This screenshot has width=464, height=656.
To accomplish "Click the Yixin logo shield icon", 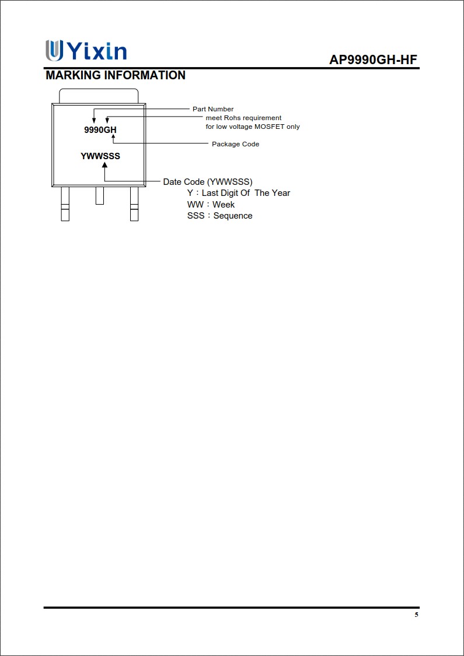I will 54,50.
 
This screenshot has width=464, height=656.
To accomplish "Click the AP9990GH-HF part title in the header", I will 374,60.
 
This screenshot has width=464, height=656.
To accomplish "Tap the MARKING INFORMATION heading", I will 116,75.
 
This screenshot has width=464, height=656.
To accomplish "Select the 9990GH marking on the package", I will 100,130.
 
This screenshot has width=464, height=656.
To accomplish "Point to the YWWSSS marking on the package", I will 100,156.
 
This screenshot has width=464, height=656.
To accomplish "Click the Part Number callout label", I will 213,109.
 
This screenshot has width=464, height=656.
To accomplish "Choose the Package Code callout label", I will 235,144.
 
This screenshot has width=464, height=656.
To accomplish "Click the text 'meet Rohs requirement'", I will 243,118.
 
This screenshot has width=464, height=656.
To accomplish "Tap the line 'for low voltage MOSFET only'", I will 253,127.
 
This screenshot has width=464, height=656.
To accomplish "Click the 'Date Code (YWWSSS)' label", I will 208,182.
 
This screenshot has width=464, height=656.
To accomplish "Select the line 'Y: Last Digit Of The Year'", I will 238,193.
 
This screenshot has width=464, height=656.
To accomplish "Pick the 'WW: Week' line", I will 211,205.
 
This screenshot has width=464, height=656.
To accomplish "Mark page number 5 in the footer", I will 416,615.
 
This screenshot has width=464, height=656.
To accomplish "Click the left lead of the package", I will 65,204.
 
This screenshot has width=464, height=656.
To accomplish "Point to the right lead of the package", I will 134,204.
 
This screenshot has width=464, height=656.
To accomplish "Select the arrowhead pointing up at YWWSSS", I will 104,165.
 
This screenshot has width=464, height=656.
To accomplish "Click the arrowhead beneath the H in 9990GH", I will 113,137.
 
